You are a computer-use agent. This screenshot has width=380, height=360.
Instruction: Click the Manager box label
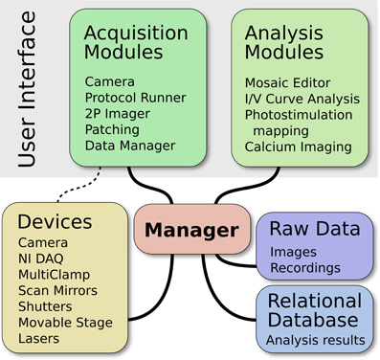coord(192,231)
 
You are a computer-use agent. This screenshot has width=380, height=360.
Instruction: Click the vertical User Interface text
coord(30,91)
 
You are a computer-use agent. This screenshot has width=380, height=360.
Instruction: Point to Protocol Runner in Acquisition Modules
coord(134,97)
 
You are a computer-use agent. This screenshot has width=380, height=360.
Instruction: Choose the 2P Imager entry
coord(117,113)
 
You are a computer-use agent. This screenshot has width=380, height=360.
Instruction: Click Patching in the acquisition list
coord(113,129)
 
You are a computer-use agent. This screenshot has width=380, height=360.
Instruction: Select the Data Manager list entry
coord(129,146)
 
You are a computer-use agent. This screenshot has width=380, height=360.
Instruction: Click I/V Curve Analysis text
coord(302,98)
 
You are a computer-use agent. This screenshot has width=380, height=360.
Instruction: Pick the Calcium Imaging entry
coord(298,146)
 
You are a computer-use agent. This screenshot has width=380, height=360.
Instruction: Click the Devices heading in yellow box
coord(56,221)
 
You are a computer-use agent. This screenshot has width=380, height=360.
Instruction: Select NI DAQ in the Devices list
coord(46,258)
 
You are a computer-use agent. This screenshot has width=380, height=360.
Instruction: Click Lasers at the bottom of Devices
coord(41,338)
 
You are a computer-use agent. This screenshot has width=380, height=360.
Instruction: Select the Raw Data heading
coord(314,229)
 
